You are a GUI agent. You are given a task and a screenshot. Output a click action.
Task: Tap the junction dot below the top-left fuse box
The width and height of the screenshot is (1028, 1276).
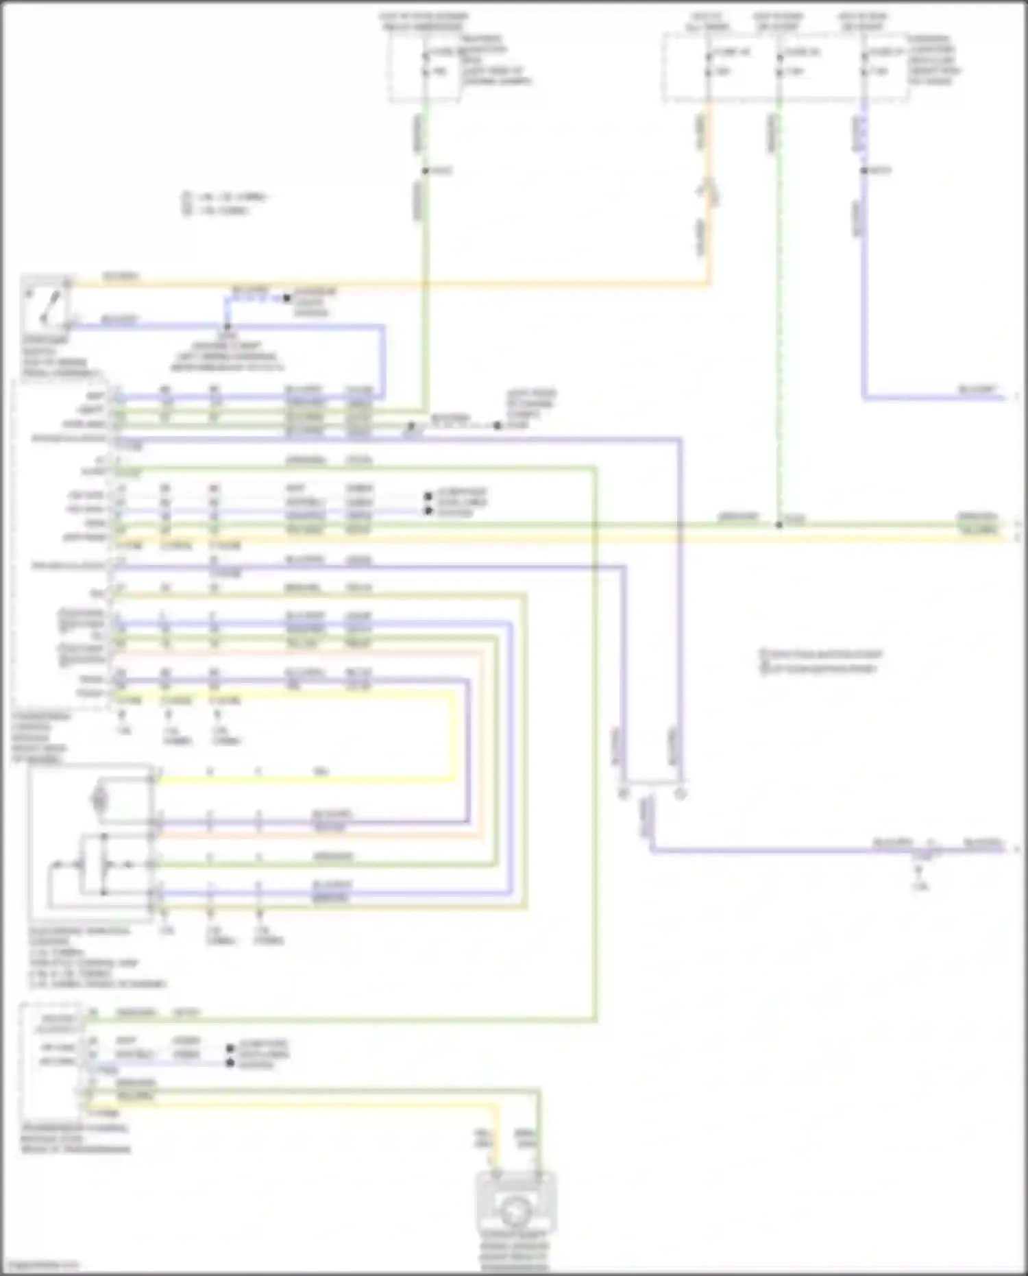(425, 171)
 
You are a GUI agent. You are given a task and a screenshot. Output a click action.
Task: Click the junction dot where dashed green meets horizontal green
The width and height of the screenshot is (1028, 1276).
(779, 525)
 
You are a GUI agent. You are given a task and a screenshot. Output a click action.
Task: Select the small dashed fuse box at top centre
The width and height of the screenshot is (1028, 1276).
(425, 67)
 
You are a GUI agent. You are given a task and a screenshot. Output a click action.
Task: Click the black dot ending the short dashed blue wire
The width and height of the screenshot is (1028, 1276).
(287, 298)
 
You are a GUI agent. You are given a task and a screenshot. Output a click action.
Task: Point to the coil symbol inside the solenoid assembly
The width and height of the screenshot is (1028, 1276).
(100, 799)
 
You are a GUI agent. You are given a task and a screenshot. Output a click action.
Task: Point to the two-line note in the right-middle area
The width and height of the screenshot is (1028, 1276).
(820, 662)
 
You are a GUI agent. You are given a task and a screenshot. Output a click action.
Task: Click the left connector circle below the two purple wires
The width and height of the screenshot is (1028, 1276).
(624, 794)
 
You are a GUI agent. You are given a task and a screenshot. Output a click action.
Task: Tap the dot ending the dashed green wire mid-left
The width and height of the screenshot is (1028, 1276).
(498, 425)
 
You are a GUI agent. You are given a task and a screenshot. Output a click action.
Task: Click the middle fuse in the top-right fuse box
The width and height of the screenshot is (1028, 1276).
(779, 62)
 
